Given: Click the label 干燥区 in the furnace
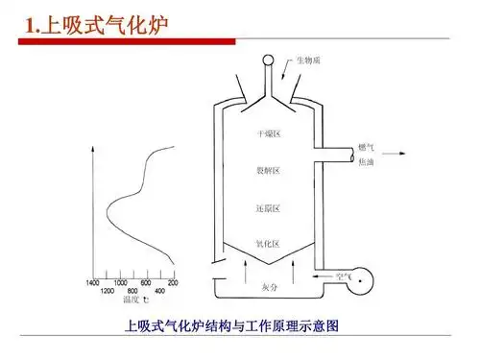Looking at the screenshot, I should (x=268, y=134).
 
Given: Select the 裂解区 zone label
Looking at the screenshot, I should (x=268, y=171).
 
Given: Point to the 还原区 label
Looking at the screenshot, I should (x=268, y=207).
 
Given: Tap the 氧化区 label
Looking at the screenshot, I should (x=268, y=243).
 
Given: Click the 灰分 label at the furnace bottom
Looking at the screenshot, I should (x=270, y=286).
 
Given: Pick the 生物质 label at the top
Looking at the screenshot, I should (x=308, y=60).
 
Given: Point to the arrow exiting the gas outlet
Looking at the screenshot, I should (x=396, y=153).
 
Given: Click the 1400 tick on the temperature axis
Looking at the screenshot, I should (x=93, y=283).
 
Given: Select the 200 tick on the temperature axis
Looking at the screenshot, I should (x=173, y=283).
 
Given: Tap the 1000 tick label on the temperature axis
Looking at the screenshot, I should (x=120, y=283).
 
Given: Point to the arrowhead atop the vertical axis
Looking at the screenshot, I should (x=93, y=150).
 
